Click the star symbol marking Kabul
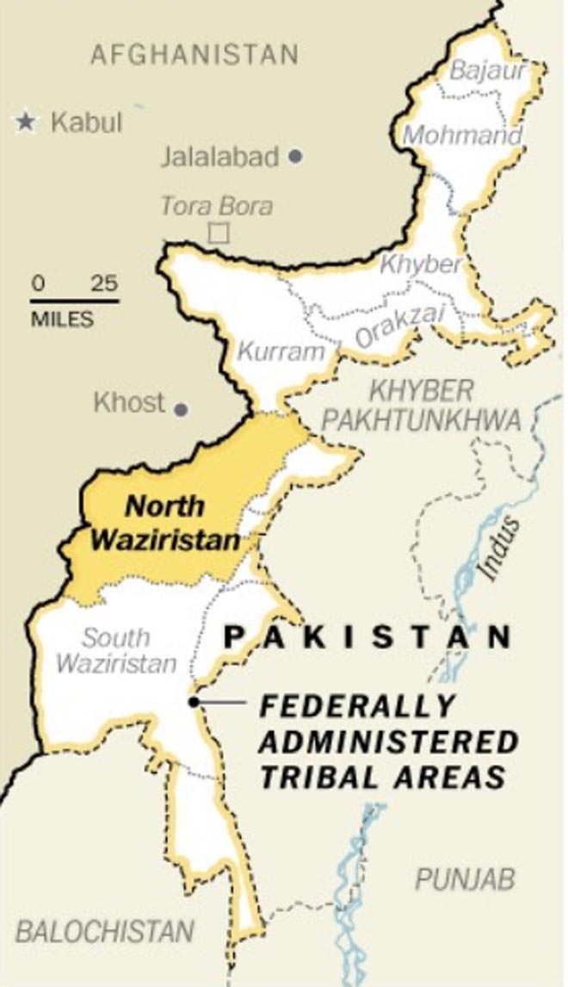[x=27, y=122]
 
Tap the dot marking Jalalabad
[x=295, y=157]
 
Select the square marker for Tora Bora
[x=219, y=233]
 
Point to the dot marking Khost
[x=181, y=409]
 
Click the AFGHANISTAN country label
[x=194, y=55]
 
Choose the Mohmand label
[x=462, y=135]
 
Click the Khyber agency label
[x=421, y=264]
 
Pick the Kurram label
[x=281, y=351]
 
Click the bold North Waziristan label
[x=165, y=523]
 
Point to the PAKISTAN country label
[x=367, y=637]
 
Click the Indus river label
[x=500, y=548]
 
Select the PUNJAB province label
[x=466, y=879]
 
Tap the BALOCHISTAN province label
[x=104, y=931]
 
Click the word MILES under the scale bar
[x=62, y=319]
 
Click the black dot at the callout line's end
[x=194, y=702]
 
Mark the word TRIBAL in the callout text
[x=322, y=777]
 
